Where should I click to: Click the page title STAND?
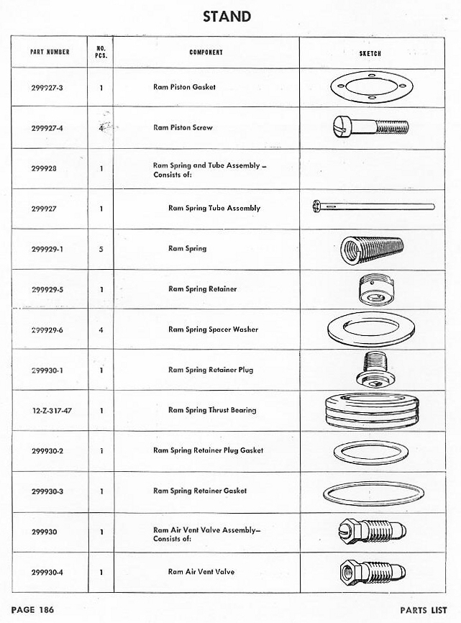click(x=227, y=16)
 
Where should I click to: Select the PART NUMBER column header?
click(x=50, y=53)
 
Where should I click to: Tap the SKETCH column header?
click(x=370, y=53)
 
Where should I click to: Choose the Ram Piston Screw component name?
click(x=183, y=127)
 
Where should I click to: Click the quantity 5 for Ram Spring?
click(x=101, y=249)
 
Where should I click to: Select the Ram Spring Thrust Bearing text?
click(x=211, y=410)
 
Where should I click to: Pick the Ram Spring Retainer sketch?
click(x=374, y=289)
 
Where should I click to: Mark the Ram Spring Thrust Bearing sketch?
click(x=370, y=411)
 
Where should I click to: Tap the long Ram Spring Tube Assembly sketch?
click(x=373, y=208)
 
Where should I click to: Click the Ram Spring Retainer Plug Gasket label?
click(x=208, y=450)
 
